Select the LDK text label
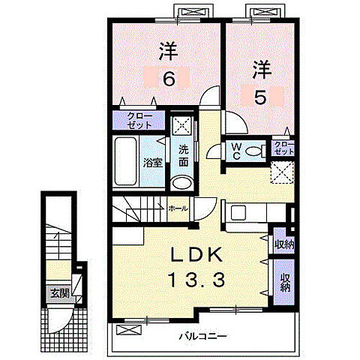(196, 255)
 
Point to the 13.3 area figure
(196, 280)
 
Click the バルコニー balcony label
(203, 336)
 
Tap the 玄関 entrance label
(59, 293)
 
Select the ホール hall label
(178, 208)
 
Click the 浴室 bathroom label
(153, 163)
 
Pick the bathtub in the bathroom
(125, 161)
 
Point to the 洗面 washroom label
(184, 156)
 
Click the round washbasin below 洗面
(181, 183)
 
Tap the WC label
(236, 151)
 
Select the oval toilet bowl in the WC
(253, 151)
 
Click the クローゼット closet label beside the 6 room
(139, 120)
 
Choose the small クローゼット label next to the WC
(283, 148)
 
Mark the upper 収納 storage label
(283, 244)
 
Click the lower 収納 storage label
(285, 283)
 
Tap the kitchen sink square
(239, 213)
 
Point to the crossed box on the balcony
(129, 330)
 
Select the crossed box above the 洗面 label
(182, 125)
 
